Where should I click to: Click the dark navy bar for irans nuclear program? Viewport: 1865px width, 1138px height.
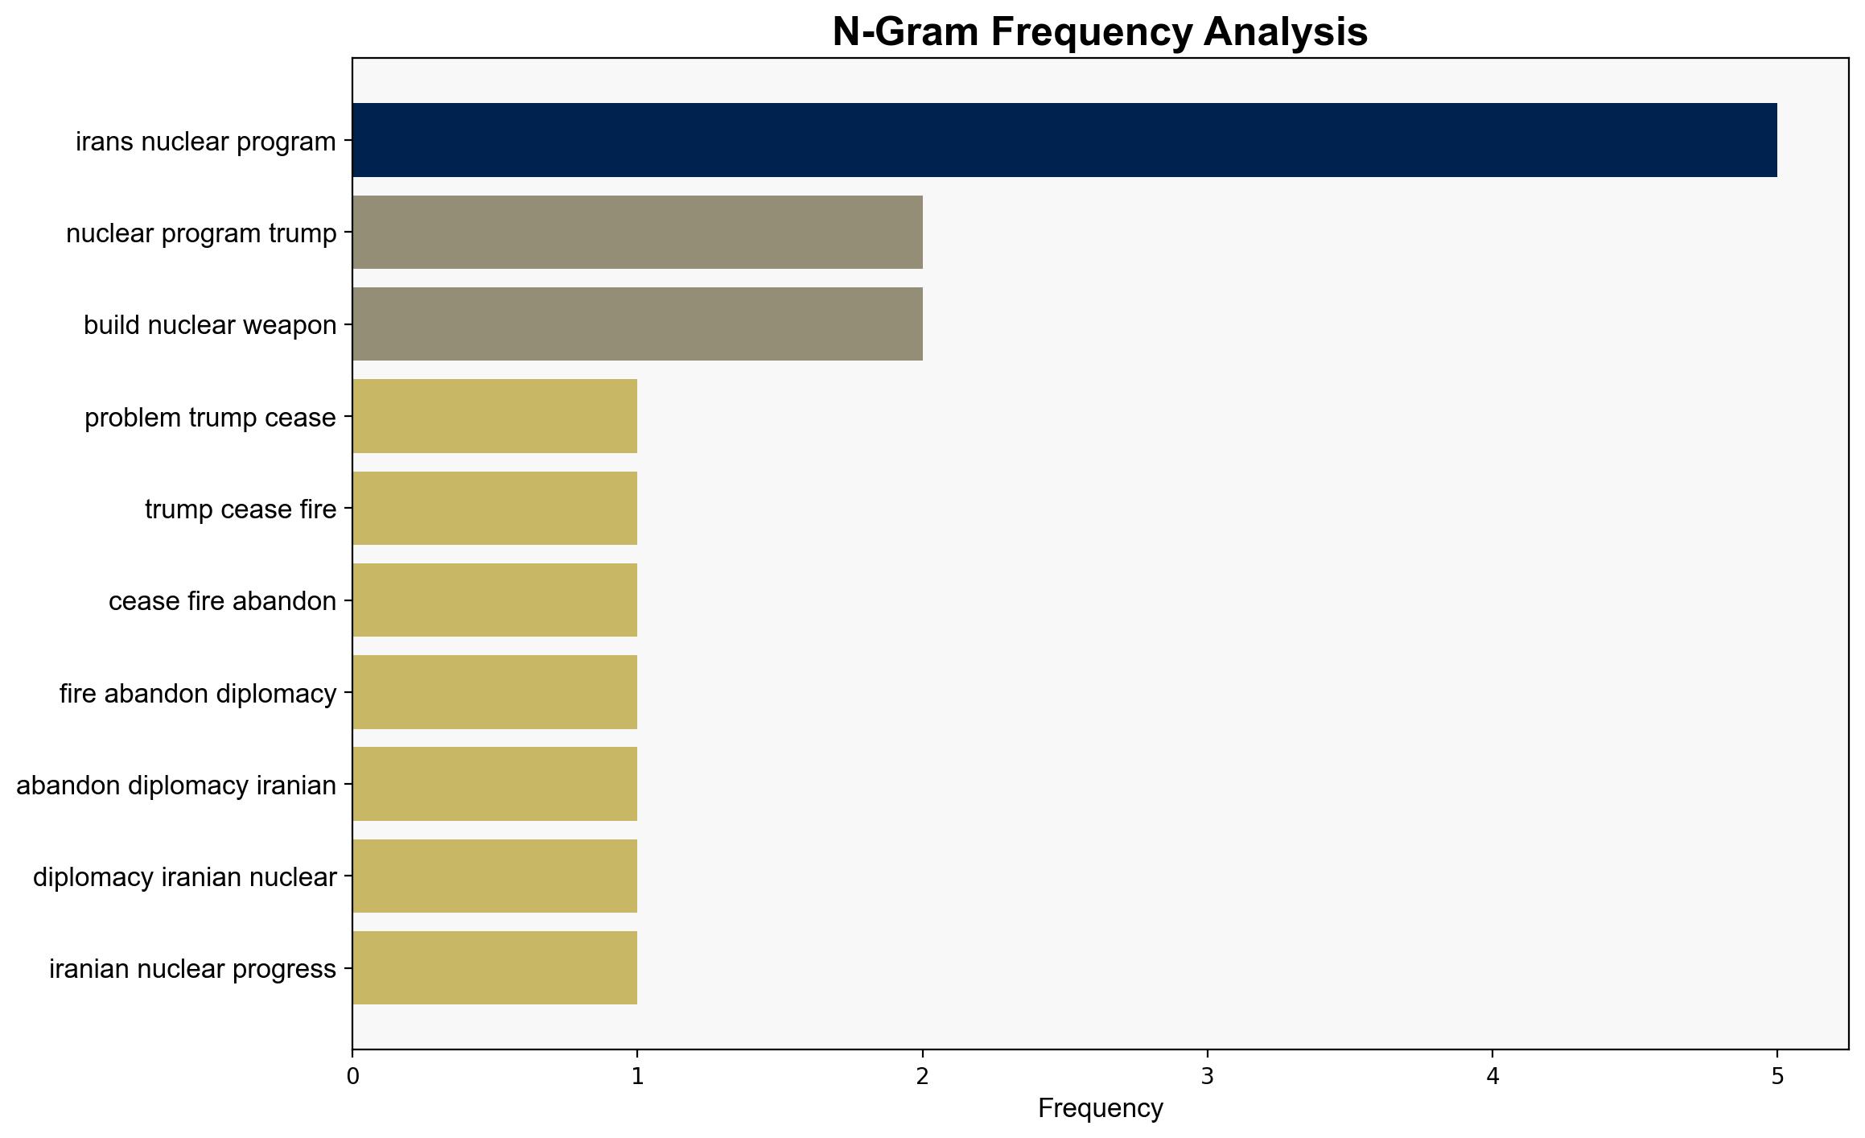tap(1064, 140)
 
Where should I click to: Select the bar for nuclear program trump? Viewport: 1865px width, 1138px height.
tap(637, 232)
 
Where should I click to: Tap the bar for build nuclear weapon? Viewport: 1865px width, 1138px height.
tap(637, 324)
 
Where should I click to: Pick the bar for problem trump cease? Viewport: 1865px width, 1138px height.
tap(495, 416)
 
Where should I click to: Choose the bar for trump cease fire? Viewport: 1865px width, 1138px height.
tap(495, 508)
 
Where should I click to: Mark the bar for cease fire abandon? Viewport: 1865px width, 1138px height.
tap(495, 600)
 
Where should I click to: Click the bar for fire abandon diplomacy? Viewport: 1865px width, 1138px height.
tap(495, 692)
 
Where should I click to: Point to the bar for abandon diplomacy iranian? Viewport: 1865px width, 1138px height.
tap(495, 784)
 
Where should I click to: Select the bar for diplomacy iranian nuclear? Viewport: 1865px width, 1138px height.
tap(495, 876)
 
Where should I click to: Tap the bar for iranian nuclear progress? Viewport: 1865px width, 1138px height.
tap(495, 967)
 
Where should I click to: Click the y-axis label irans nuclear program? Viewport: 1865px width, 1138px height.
tap(206, 142)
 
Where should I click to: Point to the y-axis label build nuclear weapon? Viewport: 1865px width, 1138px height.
tap(210, 325)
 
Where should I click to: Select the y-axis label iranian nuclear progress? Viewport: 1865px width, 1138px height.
tap(193, 969)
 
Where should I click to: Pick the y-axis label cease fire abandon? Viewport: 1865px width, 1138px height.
tap(223, 601)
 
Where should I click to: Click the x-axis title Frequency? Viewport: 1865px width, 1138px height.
tap(1100, 1109)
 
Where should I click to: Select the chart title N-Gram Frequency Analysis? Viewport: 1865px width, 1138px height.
tap(1100, 32)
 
